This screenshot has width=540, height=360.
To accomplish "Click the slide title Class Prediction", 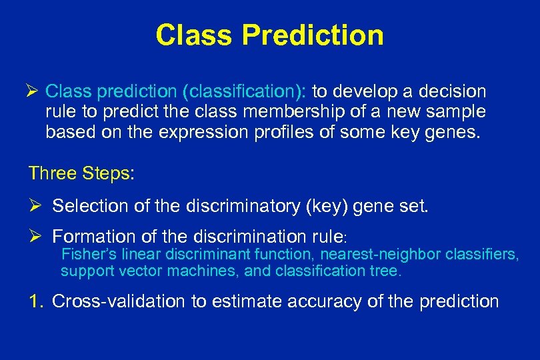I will (269, 35).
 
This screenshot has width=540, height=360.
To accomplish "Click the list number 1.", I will (35, 301).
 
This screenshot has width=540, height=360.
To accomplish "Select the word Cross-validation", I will (119, 301).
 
